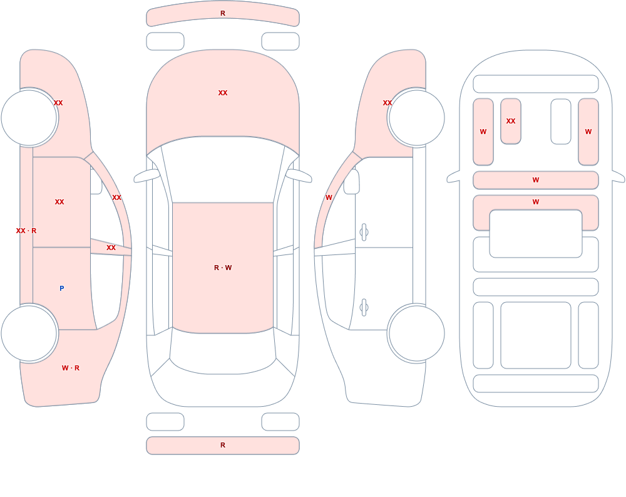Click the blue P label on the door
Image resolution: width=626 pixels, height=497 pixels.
coord(61,288)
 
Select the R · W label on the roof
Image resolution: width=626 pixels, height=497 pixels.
coord(223,268)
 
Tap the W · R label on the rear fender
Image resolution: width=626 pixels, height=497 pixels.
coord(71,368)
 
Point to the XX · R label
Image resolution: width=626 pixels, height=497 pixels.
coord(26,231)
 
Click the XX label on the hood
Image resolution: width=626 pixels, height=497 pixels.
coord(223,93)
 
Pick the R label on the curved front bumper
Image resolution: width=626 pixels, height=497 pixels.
coord(223,13)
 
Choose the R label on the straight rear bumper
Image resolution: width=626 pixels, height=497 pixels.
coord(223,445)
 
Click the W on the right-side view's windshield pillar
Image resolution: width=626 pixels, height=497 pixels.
coord(329,197)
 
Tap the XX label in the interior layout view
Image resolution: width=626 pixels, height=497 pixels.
coord(511,121)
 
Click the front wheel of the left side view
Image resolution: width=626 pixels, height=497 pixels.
coord(29,118)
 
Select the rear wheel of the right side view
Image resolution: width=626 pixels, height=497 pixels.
coord(416,333)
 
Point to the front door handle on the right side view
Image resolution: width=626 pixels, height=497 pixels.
coord(364,233)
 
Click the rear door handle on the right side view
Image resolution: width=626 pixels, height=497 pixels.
coord(364,308)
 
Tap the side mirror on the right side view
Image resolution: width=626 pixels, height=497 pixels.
coord(351,182)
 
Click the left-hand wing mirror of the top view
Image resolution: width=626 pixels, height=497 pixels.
coord(146,175)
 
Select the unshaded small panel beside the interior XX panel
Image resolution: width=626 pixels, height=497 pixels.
coord(560,122)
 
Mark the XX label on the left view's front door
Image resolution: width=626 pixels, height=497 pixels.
coord(59,202)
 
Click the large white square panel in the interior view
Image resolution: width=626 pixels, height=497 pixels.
coord(536,335)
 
